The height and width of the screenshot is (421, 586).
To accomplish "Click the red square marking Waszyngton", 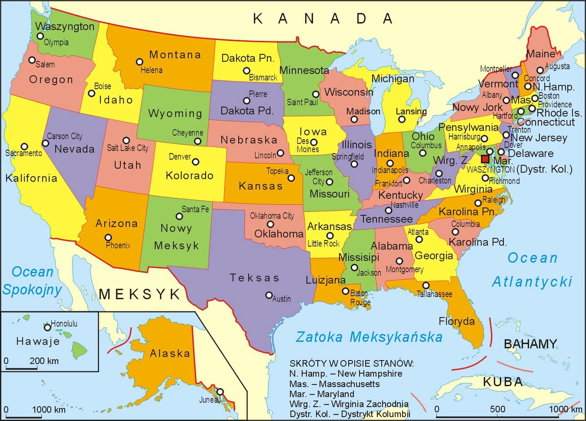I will pyautogui.click(x=485, y=159).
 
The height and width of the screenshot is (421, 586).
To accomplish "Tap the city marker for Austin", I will pyautogui.click(x=269, y=295).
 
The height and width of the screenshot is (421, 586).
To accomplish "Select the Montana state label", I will pyautogui.click(x=175, y=55).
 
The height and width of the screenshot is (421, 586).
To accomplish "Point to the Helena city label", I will pyautogui.click(x=151, y=70).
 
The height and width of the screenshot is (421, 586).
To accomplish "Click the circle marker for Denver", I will pyautogui.click(x=196, y=162).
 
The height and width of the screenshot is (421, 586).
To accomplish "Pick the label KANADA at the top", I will pyautogui.click(x=323, y=19).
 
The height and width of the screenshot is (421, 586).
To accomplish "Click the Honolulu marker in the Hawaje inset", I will pyautogui.click(x=47, y=327).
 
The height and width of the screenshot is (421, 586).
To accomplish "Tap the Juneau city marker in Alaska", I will pyautogui.click(x=220, y=392).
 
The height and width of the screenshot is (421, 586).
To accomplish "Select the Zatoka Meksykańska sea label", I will pyautogui.click(x=369, y=337).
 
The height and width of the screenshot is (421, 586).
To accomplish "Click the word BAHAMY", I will pyautogui.click(x=530, y=344).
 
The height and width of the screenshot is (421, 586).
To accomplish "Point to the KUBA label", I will pyautogui.click(x=503, y=382).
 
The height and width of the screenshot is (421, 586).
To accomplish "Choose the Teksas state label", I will pyautogui.click(x=254, y=277).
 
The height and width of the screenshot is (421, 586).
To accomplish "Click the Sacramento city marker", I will pyautogui.click(x=24, y=147).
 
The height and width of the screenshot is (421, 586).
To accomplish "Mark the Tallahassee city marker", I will pyautogui.click(x=426, y=285).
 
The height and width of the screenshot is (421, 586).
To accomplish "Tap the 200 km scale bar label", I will pyautogui.click(x=44, y=361).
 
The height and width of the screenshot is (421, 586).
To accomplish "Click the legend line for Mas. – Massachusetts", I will pyautogui.click(x=334, y=384).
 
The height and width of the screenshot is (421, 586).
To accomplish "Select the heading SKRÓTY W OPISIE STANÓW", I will pyautogui.click(x=351, y=363).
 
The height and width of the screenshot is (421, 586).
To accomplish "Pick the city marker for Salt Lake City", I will pyautogui.click(x=126, y=140).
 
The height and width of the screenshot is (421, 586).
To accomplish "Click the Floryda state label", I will pyautogui.click(x=456, y=321).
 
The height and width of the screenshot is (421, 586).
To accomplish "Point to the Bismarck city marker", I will pyautogui.click(x=246, y=70).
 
